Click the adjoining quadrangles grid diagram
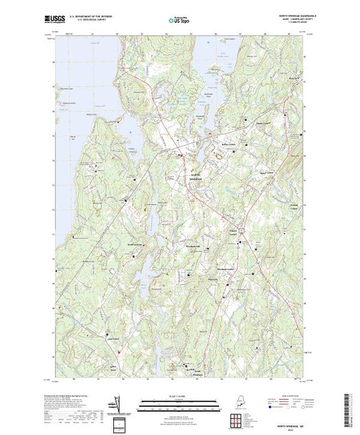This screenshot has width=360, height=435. pos(236,422)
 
